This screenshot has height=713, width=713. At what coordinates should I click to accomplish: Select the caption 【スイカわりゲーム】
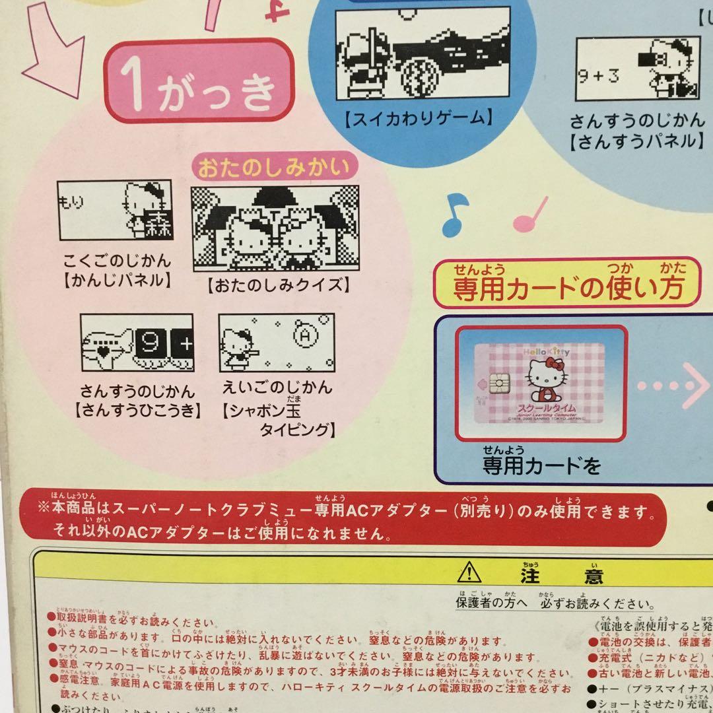pos(420,119)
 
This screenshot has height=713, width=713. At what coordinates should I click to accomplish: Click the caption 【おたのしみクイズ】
pos(277,286)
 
